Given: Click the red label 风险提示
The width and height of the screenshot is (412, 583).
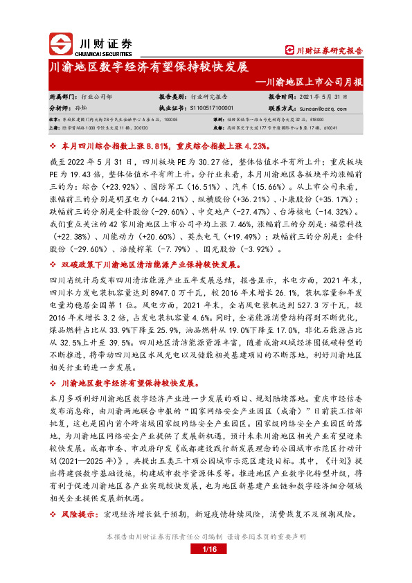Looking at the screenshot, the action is pos(80,514).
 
